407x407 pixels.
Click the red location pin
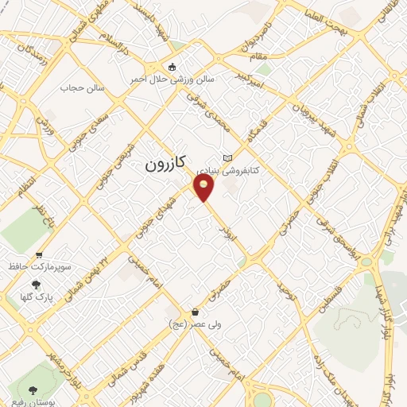click(x=204, y=187)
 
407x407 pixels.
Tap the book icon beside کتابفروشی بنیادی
click(x=229, y=158)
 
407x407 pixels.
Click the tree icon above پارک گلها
click(x=35, y=284)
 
